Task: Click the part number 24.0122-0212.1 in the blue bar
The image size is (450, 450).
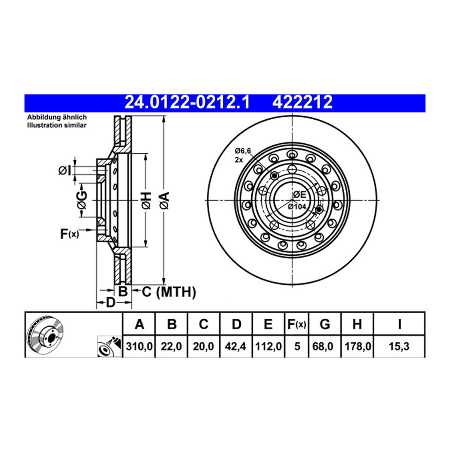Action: pos(187,102)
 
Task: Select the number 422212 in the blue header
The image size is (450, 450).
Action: pos(302,102)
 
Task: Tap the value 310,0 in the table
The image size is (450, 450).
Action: pos(139,346)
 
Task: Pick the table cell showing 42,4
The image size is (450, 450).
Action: pos(235,346)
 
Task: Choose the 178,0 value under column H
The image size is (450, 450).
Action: pos(358,346)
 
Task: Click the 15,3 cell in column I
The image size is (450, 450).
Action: pos(399,346)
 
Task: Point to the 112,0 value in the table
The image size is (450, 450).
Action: pos(268,346)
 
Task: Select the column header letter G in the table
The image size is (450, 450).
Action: pos(325,324)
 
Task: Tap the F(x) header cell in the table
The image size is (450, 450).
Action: pos(297,324)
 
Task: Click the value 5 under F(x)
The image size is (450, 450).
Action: pos(297,346)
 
